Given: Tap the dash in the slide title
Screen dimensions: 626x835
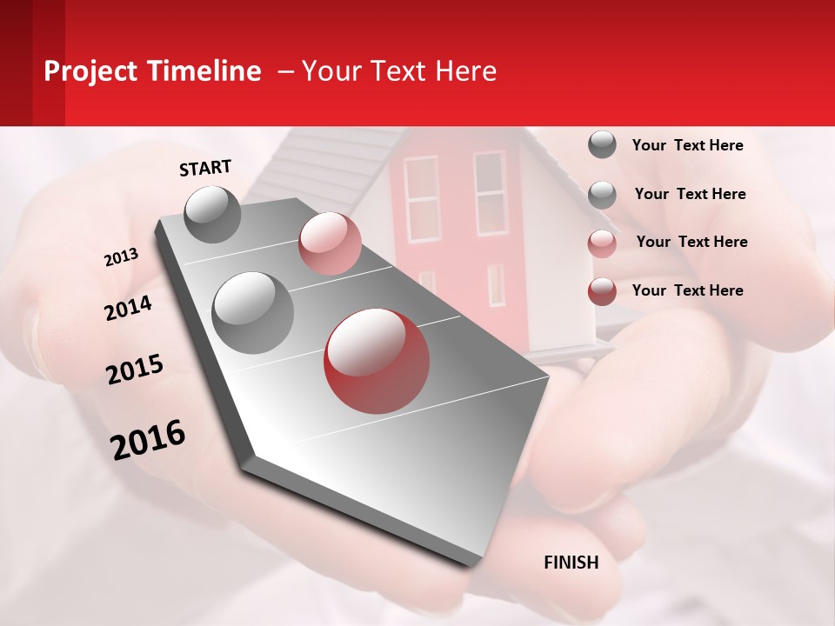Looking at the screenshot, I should click(x=285, y=71).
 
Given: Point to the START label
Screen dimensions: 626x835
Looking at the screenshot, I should click(x=205, y=168).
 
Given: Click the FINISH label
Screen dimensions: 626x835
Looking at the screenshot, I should click(x=571, y=563).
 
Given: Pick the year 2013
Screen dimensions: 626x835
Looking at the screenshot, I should click(x=121, y=257).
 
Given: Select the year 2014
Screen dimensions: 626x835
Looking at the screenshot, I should click(x=128, y=308).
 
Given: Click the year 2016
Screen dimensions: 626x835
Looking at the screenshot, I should click(x=148, y=440).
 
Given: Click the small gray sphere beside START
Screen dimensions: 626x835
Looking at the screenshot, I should click(x=213, y=214).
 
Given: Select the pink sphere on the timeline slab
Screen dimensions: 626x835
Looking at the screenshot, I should click(x=330, y=243).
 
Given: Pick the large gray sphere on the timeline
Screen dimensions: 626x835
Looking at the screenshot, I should click(x=252, y=312).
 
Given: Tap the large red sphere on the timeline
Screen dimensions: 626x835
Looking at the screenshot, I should click(x=377, y=360).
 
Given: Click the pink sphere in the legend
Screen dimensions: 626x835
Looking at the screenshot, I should click(x=602, y=243).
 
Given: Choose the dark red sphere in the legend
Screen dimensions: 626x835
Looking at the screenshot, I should click(x=602, y=291).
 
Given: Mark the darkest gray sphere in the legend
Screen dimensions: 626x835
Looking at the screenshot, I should click(x=602, y=144).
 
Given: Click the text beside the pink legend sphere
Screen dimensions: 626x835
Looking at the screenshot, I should click(x=691, y=242).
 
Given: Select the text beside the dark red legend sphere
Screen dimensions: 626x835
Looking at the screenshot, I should click(x=687, y=290).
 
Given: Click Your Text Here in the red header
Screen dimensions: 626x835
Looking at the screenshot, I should click(x=399, y=71).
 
